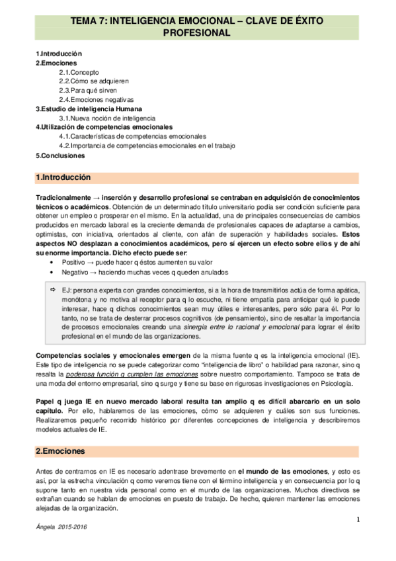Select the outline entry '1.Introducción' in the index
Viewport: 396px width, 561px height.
point(59,53)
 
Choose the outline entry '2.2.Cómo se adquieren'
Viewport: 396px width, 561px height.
point(95,81)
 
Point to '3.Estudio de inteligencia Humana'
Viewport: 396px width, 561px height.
point(88,108)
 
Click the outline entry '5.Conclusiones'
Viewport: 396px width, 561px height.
point(60,155)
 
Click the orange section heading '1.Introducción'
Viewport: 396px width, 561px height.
point(63,177)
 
